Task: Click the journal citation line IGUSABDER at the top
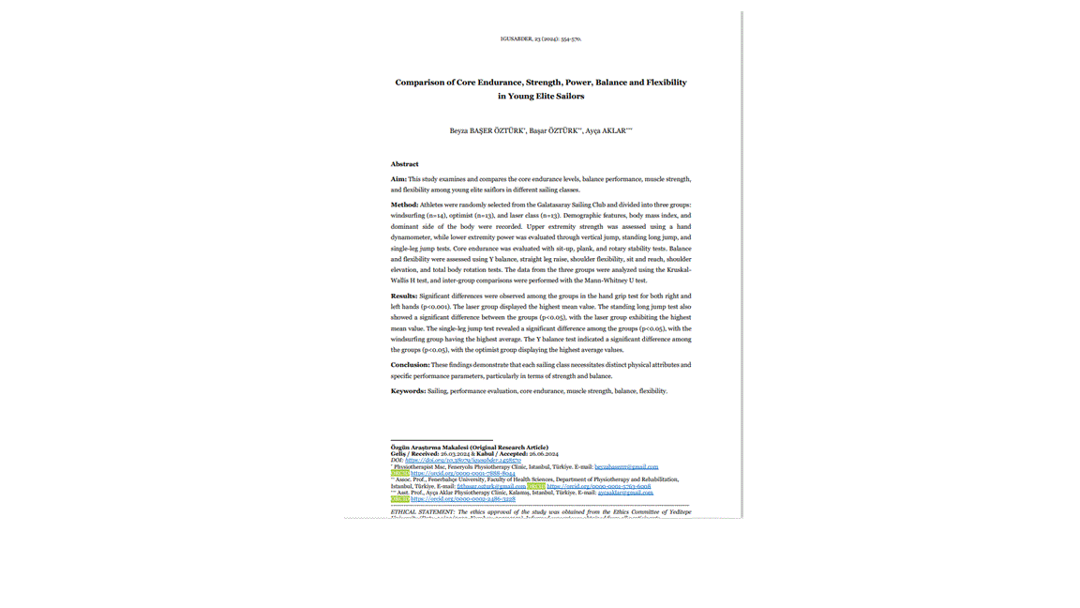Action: pyautogui.click(x=540, y=39)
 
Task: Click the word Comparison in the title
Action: pyautogui.click(x=420, y=83)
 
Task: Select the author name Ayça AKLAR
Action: pyautogui.click(x=606, y=131)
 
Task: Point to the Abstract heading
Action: pyautogui.click(x=405, y=164)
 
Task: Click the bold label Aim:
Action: pyautogui.click(x=398, y=179)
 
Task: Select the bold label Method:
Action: pyautogui.click(x=404, y=205)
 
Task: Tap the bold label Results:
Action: pyautogui.click(x=404, y=296)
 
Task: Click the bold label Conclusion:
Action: pyautogui.click(x=410, y=365)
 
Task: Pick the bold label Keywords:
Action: pyautogui.click(x=408, y=391)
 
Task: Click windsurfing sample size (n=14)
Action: pyautogui.click(x=436, y=216)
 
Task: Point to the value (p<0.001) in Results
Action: pyautogui.click(x=435, y=307)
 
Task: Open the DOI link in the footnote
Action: pyautogui.click(x=463, y=461)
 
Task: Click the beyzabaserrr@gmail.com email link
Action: pyautogui.click(x=626, y=467)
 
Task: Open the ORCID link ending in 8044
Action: pyautogui.click(x=463, y=474)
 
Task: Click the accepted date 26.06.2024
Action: pyautogui.click(x=544, y=454)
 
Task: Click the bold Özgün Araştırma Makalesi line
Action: pyautogui.click(x=469, y=448)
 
